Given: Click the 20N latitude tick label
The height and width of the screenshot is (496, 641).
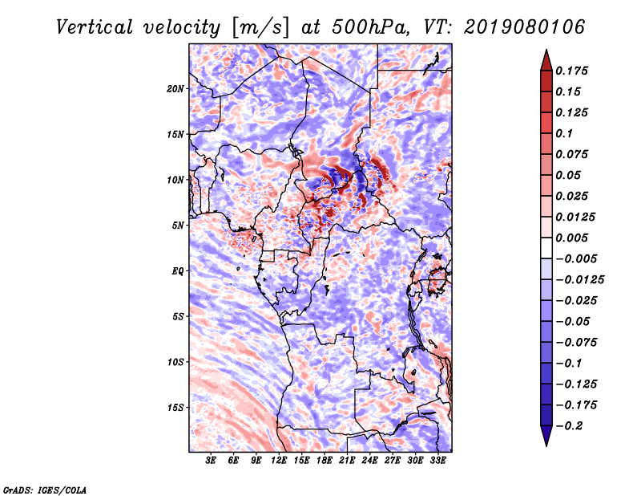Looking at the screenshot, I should coord(175,88).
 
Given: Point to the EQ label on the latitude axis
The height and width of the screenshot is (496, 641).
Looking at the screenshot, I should coord(177,271).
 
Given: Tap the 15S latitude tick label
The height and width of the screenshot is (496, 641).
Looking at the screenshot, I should coord(175,408).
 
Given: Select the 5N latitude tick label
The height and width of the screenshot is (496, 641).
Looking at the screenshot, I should coord(178,226).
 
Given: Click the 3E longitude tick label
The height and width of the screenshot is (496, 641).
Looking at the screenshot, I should coord(212,461).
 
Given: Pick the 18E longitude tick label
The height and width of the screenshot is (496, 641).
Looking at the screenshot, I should coord(325,461).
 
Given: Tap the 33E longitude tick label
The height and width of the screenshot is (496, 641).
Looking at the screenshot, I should coord(437,461).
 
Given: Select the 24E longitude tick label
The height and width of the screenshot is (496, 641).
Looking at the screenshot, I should coord(369,461).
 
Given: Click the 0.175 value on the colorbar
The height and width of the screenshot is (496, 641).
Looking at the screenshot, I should coord(574,71).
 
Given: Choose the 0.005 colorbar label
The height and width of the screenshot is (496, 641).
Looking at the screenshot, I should coord(574,238).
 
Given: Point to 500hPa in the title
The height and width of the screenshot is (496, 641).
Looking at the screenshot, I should coord(376,27).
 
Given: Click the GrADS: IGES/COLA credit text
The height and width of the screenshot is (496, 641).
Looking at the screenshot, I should coord(44,489).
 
